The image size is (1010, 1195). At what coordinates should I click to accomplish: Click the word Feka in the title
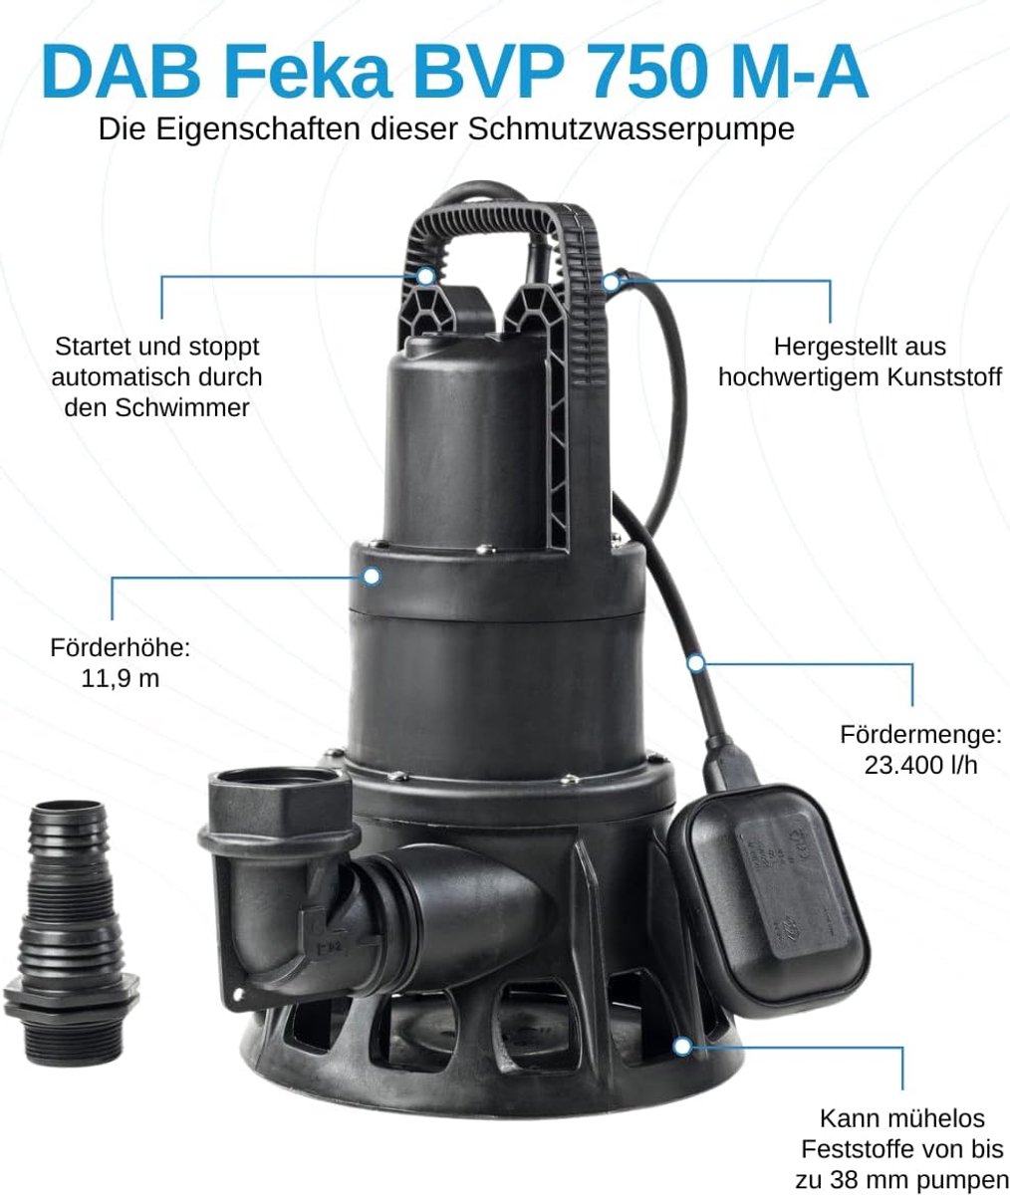pyautogui.click(x=308, y=72)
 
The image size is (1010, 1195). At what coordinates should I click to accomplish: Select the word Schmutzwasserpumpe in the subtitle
pyautogui.click(x=631, y=130)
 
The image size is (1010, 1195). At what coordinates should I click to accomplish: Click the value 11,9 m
pyautogui.click(x=121, y=679)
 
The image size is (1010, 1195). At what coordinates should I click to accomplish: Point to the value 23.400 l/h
pyautogui.click(x=920, y=765)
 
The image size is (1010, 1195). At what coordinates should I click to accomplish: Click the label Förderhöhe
pyautogui.click(x=121, y=648)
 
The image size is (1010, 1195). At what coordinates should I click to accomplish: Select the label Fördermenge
pyautogui.click(x=920, y=735)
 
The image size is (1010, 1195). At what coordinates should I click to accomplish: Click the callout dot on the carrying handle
pyautogui.click(x=426, y=276)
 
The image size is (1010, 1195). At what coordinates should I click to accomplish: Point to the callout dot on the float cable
pyautogui.click(x=695, y=663)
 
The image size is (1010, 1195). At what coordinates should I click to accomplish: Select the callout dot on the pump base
pyautogui.click(x=682, y=1047)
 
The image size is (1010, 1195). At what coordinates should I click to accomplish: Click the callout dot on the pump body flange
pyautogui.click(x=372, y=577)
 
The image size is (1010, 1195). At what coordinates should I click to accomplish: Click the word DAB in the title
pyautogui.click(x=122, y=72)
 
